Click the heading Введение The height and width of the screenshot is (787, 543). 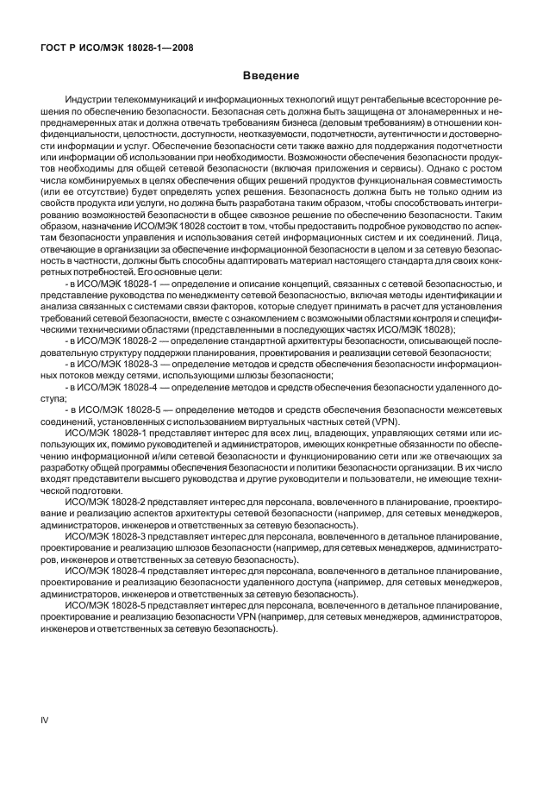click(271, 77)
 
